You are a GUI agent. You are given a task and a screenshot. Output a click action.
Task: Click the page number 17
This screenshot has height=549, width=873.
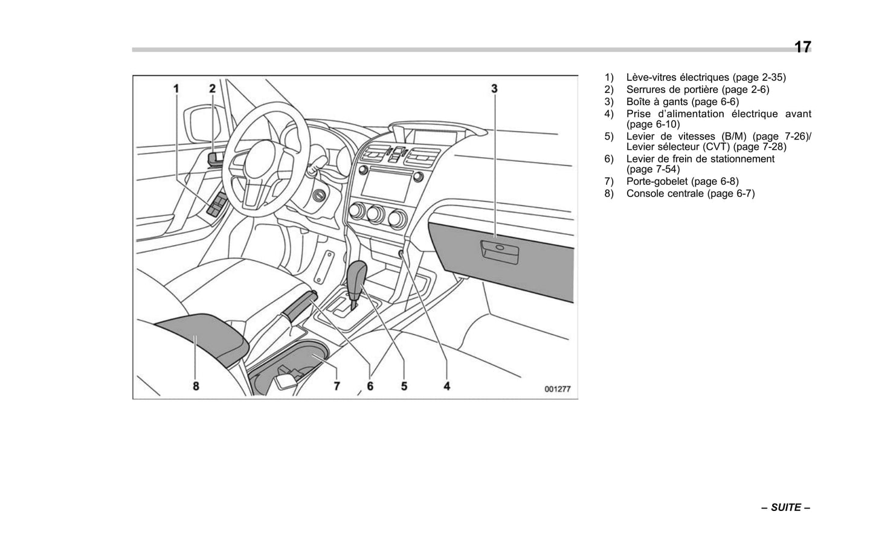802,47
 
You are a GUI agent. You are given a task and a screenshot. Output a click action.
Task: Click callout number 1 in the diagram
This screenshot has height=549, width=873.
176,89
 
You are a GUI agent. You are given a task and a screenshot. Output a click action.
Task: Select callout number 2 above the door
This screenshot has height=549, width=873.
212,89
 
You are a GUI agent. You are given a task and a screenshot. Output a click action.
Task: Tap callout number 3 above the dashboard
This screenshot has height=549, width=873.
494,89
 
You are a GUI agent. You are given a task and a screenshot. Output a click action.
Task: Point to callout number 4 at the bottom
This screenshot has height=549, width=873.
447,385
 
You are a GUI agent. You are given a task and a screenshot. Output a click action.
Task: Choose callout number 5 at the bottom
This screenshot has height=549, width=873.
404,385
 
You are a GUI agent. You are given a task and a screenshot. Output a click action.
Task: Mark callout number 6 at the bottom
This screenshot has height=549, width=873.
370,385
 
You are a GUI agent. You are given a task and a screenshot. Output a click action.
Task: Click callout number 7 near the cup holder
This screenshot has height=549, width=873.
337,385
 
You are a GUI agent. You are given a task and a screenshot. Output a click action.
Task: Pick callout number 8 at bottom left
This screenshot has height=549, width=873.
196,385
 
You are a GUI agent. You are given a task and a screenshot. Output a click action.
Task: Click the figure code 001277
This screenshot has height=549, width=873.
557,390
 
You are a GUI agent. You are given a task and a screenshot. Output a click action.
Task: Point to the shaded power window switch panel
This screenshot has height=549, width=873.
217,205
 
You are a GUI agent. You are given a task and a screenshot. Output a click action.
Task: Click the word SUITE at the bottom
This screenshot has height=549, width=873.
786,507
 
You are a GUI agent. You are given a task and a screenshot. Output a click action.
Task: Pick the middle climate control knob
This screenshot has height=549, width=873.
376,214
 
